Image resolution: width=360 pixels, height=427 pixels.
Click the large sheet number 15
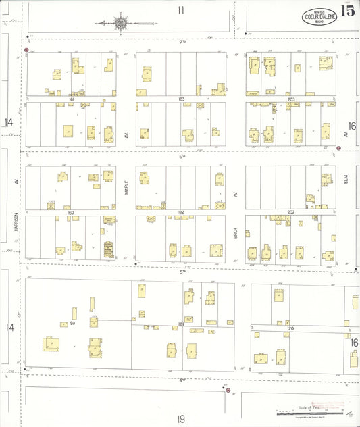[348, 10]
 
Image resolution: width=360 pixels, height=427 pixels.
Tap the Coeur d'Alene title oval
[317, 16]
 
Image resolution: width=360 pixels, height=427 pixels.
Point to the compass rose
[122, 23]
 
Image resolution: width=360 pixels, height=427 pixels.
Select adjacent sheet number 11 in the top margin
[180, 10]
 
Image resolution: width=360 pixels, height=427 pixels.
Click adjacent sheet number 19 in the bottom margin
[181, 419]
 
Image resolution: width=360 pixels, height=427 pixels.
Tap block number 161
[71, 99]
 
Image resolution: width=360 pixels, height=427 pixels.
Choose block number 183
[181, 99]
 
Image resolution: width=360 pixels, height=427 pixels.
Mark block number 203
[290, 99]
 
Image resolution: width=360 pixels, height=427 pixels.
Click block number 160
[70, 213]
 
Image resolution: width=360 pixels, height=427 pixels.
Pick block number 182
[181, 213]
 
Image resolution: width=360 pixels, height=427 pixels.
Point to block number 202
[290, 213]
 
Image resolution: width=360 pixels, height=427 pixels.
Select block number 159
[72, 324]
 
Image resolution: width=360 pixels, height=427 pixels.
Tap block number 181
[181, 325]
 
